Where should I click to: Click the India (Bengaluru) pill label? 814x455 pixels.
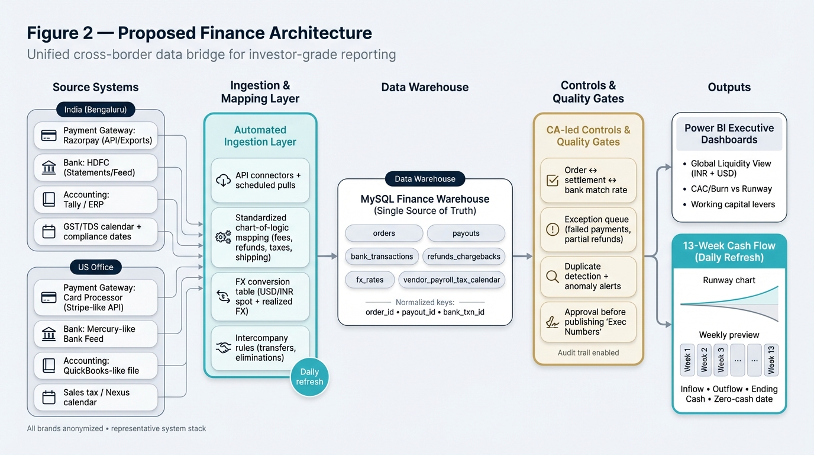[x=96, y=110]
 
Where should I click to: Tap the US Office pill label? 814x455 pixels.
[x=96, y=267]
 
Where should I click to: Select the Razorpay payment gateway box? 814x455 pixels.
[x=96, y=136]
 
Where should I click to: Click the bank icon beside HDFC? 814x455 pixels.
[x=49, y=168]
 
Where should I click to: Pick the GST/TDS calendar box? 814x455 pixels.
[x=96, y=232]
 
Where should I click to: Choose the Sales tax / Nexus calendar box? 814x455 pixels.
[x=96, y=398]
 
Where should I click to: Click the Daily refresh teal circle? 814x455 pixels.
[x=309, y=377]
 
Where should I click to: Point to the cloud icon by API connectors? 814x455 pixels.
[x=224, y=180]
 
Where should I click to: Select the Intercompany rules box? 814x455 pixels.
[x=260, y=348]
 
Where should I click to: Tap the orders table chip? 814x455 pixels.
[x=384, y=233]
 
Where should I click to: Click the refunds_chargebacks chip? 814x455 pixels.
[x=464, y=257]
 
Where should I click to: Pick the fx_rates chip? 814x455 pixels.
[x=370, y=280]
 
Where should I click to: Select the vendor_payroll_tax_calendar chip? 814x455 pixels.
[x=452, y=280]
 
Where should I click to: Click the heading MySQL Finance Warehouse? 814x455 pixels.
[x=425, y=199]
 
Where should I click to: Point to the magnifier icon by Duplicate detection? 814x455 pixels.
[x=553, y=277]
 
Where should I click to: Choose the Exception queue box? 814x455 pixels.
[x=588, y=229]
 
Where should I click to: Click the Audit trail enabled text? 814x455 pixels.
[x=588, y=353]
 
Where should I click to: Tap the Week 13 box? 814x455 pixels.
[x=771, y=360]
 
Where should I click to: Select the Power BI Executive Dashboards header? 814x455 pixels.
[x=729, y=134]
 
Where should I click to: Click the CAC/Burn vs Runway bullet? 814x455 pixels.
[x=731, y=189]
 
